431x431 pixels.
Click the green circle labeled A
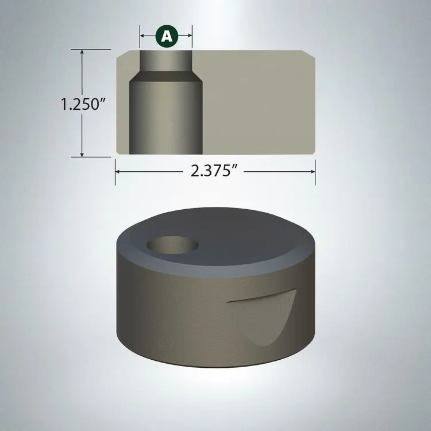(166, 36)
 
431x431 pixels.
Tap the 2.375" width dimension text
(215, 171)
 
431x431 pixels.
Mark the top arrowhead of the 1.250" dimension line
(83, 52)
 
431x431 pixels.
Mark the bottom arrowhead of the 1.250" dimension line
(83, 154)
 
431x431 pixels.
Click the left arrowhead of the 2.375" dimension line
(118, 171)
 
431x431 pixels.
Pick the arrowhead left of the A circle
(143, 36)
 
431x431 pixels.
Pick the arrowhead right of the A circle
(189, 36)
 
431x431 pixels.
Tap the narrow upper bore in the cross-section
(166, 60)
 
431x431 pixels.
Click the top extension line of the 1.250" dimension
(95, 50)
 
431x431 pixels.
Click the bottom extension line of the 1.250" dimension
(95, 156)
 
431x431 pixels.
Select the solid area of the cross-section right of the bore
(259, 103)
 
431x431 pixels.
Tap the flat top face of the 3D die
(241, 236)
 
